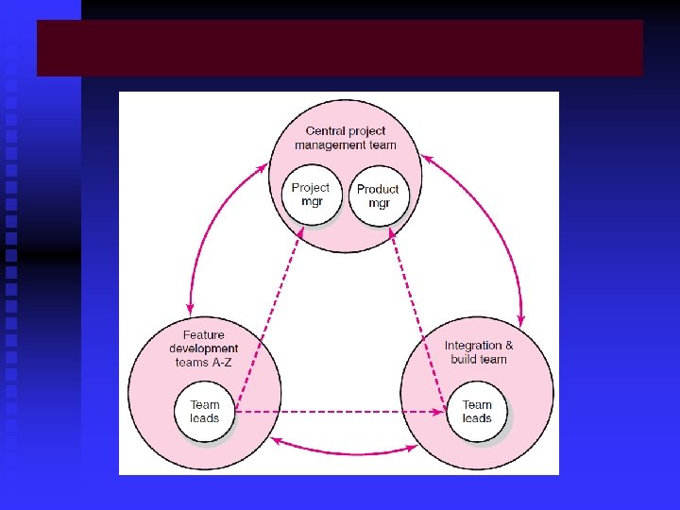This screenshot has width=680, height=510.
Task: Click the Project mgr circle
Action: point(310,195)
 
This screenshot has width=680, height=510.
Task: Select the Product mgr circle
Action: point(378,196)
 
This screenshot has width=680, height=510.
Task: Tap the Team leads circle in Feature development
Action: point(204,413)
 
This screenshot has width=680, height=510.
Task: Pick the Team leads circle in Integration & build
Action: point(477,413)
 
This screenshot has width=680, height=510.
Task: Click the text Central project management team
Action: point(345,138)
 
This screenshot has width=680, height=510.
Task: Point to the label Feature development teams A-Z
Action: point(203,348)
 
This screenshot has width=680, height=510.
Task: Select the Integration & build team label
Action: point(479,352)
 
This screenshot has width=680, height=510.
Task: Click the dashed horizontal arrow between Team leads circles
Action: point(340,413)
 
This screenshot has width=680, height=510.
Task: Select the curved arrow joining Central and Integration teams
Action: point(491,227)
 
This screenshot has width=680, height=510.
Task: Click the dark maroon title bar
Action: point(340,48)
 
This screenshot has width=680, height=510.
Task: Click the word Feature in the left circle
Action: point(204,335)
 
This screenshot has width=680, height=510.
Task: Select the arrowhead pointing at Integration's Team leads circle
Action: point(439,413)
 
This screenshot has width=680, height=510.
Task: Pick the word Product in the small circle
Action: point(378,189)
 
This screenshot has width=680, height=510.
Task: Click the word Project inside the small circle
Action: point(310,188)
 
